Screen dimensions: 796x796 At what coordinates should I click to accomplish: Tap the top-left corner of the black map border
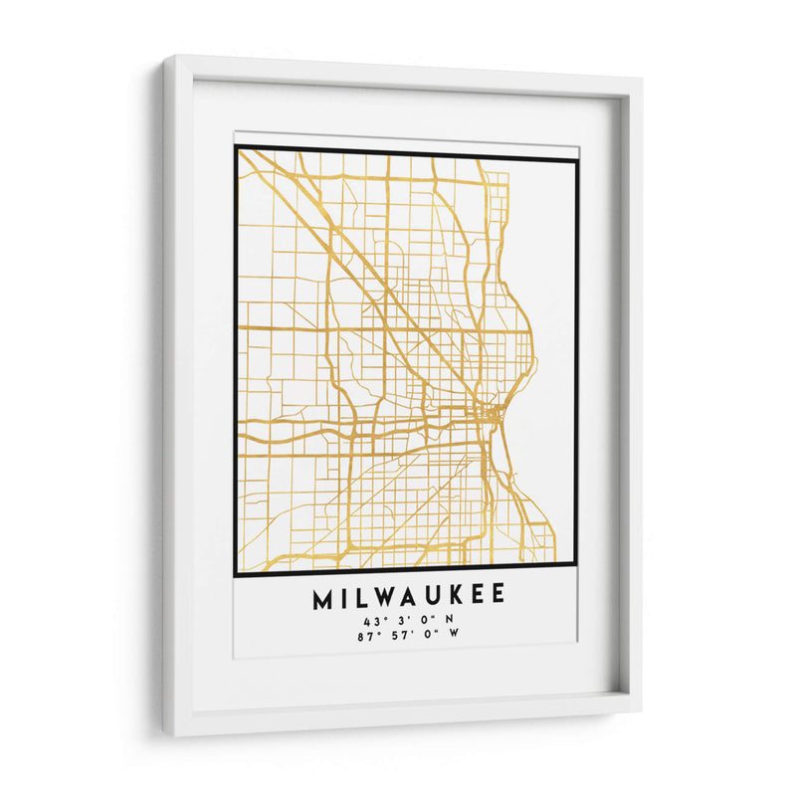point(237,148)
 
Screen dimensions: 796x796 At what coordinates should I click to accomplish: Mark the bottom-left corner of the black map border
point(236,575)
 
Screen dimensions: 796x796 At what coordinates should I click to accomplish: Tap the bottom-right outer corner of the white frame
point(641,709)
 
